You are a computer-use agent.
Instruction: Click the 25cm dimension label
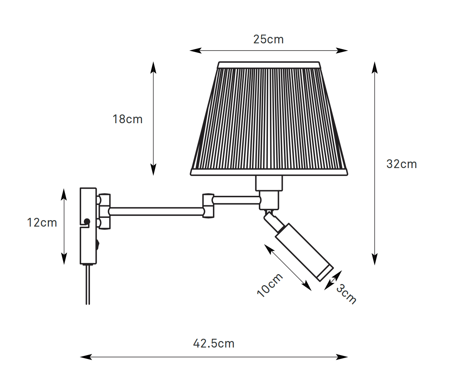pyautogui.click(x=268, y=40)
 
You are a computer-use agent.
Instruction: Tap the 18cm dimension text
pyautogui.click(x=128, y=119)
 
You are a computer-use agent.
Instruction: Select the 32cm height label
pyautogui.click(x=402, y=164)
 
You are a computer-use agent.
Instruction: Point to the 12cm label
pyautogui.click(x=42, y=222)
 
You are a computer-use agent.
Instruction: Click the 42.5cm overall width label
pyautogui.click(x=214, y=343)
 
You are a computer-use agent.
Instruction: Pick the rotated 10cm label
pyautogui.click(x=270, y=285)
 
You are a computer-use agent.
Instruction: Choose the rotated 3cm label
pyautogui.click(x=346, y=294)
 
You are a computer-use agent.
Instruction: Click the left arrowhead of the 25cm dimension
pyautogui.click(x=195, y=51)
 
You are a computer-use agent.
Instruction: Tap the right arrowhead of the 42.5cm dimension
pyautogui.click(x=342, y=357)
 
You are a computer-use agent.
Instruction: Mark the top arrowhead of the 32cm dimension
pyautogui.click(x=375, y=68)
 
